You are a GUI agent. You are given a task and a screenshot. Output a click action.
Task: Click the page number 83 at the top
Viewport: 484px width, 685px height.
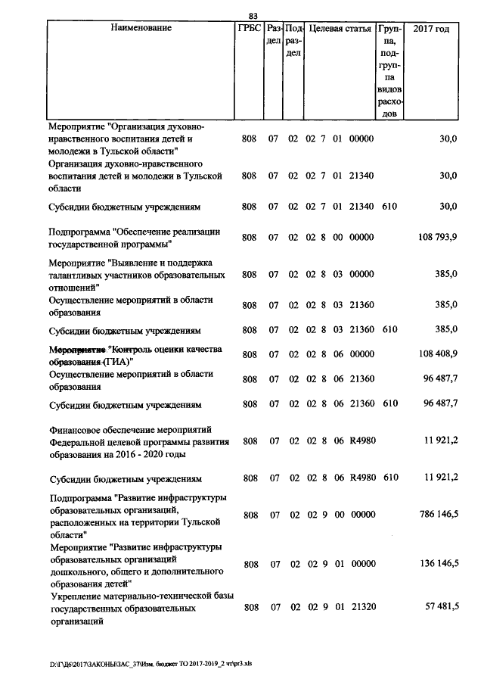[x=253, y=17]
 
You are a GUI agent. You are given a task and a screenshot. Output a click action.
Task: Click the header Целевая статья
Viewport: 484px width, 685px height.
[x=340, y=29]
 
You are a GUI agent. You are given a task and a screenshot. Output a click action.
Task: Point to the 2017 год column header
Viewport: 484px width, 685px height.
[x=433, y=29]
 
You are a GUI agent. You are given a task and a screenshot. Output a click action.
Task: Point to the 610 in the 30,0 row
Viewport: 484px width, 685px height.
[x=389, y=206]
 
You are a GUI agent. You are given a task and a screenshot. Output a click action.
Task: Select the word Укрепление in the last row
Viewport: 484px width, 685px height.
[x=74, y=597]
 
